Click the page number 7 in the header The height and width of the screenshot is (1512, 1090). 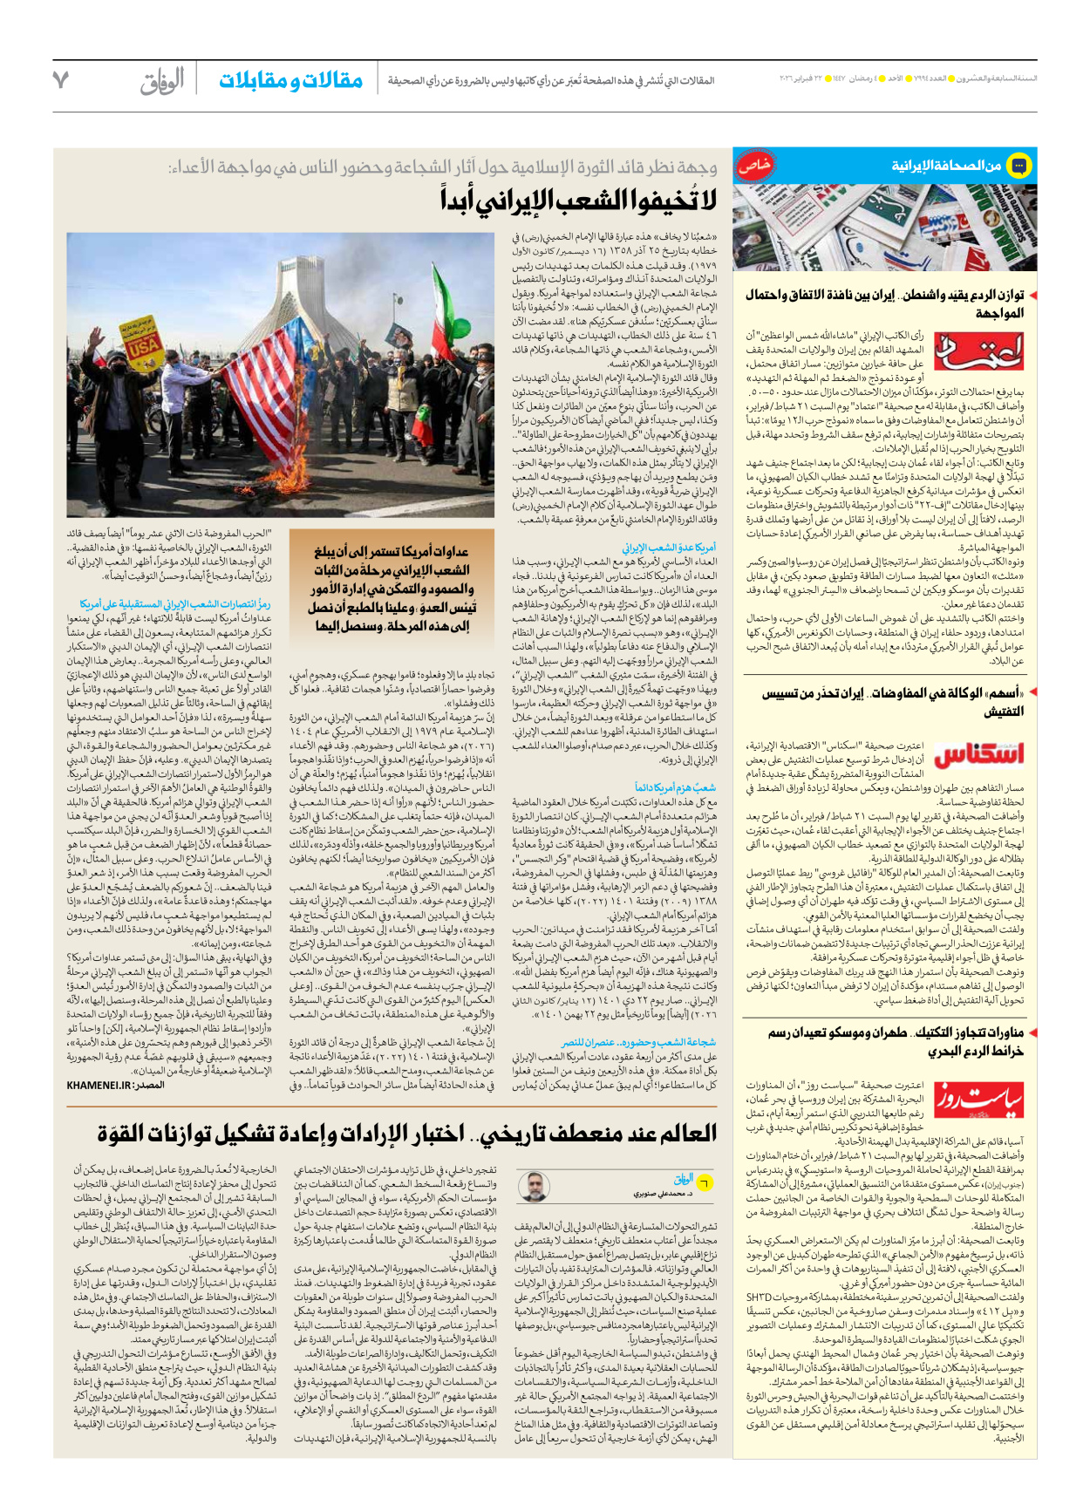tap(60, 80)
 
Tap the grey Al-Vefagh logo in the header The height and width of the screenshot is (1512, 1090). tap(162, 81)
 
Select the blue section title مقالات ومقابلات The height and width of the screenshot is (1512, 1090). tap(290, 81)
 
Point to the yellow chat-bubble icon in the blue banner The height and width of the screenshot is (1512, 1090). tap(1018, 165)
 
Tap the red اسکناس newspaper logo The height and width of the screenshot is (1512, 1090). tap(978, 754)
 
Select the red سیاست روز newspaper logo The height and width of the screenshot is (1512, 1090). tap(978, 1100)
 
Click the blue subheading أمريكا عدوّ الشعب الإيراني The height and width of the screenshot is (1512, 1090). tap(669, 548)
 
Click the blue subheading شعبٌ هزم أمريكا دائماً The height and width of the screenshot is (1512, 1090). tap(675, 787)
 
